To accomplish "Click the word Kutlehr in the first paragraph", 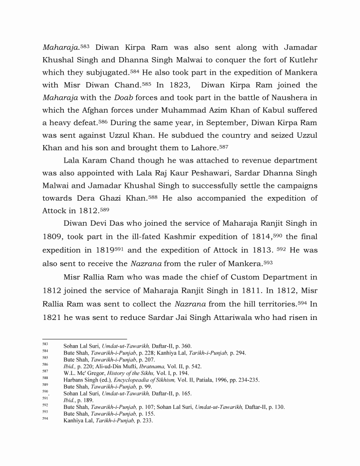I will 302,60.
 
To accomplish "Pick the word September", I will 218,123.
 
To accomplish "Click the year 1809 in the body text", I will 53,236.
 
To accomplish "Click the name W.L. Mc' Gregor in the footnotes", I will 84,373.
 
